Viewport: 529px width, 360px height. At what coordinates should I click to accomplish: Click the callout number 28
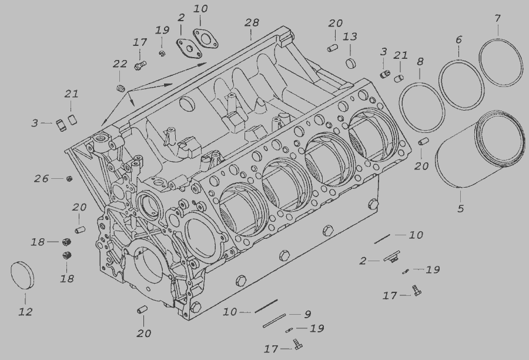coord(252,22)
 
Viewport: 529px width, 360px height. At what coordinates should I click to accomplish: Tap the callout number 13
coord(350,36)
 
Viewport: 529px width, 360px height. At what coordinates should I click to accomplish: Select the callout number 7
coord(498,18)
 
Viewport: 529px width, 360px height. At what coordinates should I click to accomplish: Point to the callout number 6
coord(458,40)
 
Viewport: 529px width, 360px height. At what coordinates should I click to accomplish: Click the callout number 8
coord(420,62)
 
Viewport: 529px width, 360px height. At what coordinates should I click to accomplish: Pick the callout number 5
coord(461,208)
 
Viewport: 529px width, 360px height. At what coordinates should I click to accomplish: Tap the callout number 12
coord(25,312)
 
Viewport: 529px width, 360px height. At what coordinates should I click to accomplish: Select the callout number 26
coord(41,178)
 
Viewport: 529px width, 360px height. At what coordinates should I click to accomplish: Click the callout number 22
coord(120,64)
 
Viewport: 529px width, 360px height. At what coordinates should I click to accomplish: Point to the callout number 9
coord(307,314)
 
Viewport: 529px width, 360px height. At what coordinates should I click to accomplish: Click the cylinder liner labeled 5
coord(479,149)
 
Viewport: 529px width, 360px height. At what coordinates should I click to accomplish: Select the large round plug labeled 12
coord(22,275)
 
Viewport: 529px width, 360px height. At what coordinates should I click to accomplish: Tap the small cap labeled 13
coord(351,62)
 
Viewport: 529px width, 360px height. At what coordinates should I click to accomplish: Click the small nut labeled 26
coord(69,179)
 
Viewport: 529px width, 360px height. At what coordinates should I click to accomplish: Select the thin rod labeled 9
coord(274,321)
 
